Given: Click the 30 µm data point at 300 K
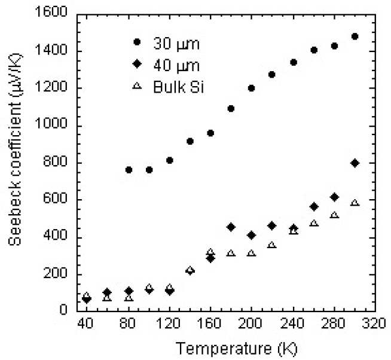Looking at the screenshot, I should [x=355, y=36].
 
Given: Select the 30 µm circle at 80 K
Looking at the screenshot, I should [x=129, y=170].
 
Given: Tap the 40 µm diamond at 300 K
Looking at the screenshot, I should [x=355, y=163].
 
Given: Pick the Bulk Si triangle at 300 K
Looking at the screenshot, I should [x=355, y=203].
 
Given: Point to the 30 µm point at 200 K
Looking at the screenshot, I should [x=252, y=88].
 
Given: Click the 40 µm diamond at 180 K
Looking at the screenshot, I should [x=231, y=227].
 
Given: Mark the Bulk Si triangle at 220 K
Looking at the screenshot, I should [x=272, y=245].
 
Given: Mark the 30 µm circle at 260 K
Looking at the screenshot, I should [x=313, y=50].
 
